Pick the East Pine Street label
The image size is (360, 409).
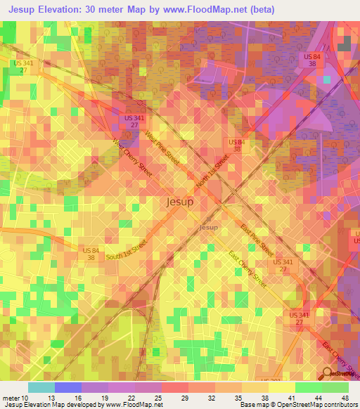point(257,239)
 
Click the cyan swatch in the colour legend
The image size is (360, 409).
point(41,387)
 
